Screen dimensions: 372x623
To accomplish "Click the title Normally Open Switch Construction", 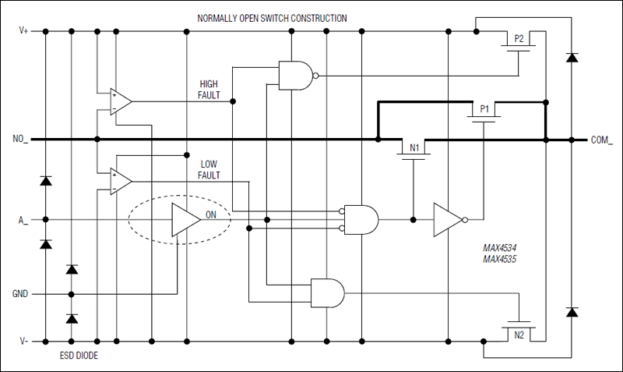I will pos(272,18).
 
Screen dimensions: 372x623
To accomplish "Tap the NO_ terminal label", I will pos(21,140).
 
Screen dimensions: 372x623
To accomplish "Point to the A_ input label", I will pos(24,219).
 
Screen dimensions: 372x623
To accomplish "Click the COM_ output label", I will pos(602,140).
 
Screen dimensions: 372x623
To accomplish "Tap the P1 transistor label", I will pos(483,109).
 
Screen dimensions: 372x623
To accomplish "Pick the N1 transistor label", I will pos(414,147).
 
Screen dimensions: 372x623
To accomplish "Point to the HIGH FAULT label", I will pos(209,90).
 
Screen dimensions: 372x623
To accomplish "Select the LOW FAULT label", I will pos(209,170).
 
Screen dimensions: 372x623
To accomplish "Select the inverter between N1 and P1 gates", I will pos(448,219).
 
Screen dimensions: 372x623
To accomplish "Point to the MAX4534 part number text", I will pos(500,247).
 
